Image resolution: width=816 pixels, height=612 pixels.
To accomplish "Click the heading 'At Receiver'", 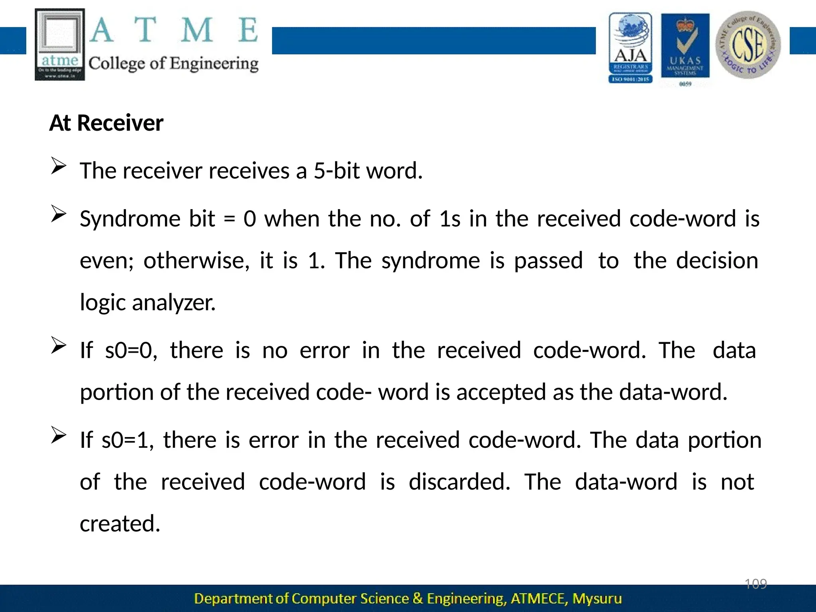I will [x=106, y=123].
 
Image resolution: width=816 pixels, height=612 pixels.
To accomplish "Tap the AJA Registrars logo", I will [x=630, y=48].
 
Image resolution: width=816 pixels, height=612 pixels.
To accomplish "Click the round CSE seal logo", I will [x=748, y=45].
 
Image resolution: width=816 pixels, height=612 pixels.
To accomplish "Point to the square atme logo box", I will [x=60, y=44].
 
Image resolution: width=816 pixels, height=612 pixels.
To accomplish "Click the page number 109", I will [x=755, y=584].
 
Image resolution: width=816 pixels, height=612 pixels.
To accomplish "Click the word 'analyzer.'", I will [x=174, y=302].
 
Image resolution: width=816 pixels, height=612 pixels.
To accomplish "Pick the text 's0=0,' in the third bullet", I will [x=131, y=350].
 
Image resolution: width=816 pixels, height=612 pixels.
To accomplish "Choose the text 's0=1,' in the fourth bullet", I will [x=127, y=440].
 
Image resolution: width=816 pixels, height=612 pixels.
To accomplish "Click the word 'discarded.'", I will [x=459, y=482].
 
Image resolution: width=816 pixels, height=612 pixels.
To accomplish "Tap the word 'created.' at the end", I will [x=120, y=524].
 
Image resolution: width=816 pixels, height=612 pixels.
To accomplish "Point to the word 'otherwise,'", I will [x=196, y=261].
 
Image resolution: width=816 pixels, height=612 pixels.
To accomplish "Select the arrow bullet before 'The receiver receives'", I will [x=58, y=166].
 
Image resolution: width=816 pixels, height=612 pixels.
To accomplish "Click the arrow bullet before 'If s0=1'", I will [x=58, y=435].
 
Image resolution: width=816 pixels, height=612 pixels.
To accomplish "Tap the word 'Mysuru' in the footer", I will [x=597, y=598].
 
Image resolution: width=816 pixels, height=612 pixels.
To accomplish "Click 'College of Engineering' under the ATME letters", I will [x=173, y=64].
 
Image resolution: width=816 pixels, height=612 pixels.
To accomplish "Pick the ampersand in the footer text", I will [x=418, y=598].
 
